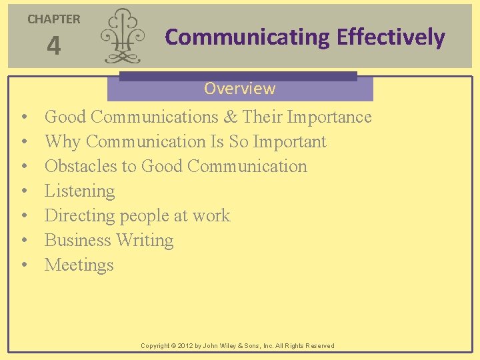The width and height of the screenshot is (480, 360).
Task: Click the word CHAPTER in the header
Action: click(54, 19)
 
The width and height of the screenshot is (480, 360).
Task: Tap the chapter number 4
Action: click(54, 47)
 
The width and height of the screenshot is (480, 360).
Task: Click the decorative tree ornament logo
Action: click(121, 36)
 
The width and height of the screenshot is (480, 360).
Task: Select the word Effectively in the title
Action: click(391, 37)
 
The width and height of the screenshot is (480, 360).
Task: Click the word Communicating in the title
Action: click(247, 37)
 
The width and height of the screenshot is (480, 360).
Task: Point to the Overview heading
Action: click(239, 88)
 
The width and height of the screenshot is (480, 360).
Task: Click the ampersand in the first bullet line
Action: click(231, 117)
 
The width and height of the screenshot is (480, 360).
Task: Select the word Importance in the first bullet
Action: click(329, 117)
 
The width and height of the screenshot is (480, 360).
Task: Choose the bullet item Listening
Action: click(79, 191)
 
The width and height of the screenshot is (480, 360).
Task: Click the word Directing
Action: click(79, 216)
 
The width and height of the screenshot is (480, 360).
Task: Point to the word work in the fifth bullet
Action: click(211, 216)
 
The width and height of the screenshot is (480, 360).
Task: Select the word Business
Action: click(77, 241)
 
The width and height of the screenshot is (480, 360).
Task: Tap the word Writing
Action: click(145, 241)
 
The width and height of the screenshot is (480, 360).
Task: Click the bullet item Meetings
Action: click(79, 265)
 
